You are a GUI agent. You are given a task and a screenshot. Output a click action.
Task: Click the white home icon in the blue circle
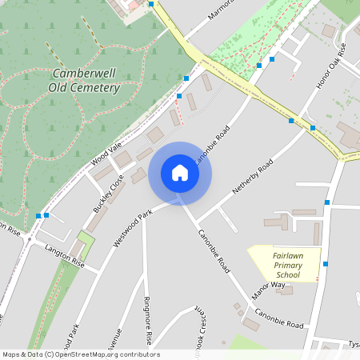point(180,173)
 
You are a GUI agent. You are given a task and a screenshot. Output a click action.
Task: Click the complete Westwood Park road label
point(133,229)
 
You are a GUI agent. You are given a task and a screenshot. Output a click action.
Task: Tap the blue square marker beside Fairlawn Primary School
point(326,263)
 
